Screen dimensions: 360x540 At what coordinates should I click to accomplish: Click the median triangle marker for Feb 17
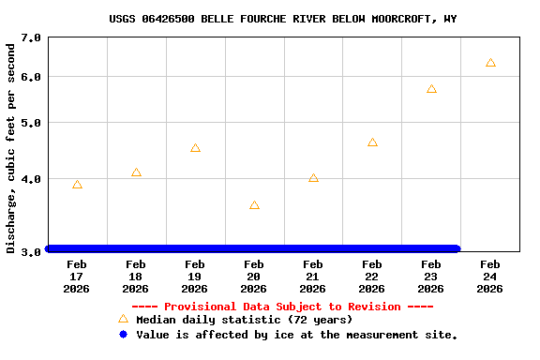(77, 185)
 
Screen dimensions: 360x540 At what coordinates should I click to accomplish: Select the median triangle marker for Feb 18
(136, 172)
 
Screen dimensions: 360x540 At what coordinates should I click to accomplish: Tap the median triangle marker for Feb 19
(195, 148)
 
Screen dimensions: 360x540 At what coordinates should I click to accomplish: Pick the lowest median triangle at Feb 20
(254, 205)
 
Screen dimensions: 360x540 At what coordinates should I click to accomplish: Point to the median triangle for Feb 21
(313, 178)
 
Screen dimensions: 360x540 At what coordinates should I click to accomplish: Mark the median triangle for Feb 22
(372, 142)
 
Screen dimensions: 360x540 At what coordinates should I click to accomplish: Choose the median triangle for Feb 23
(431, 89)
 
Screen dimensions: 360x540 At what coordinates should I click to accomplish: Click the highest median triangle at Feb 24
(490, 63)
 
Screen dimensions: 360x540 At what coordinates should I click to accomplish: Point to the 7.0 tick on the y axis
(31, 38)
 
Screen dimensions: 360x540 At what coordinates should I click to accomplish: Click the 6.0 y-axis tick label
(31, 77)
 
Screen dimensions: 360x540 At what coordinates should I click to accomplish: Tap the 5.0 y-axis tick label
(31, 123)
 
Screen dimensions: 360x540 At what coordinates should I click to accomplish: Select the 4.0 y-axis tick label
(31, 179)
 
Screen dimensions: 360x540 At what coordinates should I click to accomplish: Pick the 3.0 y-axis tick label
(31, 251)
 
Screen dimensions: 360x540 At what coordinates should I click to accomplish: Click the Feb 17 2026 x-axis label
(77, 277)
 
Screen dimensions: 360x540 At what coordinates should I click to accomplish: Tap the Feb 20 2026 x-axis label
(254, 277)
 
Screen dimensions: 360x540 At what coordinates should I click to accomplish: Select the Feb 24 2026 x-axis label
(490, 277)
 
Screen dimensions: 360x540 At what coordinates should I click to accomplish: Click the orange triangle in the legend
(123, 319)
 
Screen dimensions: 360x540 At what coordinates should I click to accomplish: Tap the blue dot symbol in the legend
(123, 334)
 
